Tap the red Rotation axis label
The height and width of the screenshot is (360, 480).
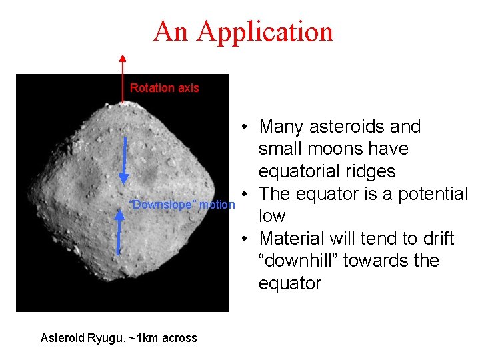pos(164,88)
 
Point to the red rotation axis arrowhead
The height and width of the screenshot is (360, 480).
pos(122,57)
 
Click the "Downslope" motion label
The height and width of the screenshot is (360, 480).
pos(181,205)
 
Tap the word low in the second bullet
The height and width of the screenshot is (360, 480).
pos(272,216)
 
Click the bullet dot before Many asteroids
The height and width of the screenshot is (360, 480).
pos(246,127)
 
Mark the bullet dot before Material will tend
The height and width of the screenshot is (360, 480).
pos(246,239)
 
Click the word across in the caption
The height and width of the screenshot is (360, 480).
pos(181,338)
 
